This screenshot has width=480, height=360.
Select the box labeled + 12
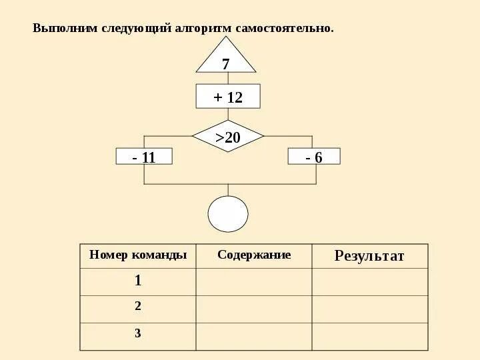pyautogui.click(x=228, y=97)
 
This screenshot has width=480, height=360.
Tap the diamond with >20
pyautogui.click(x=228, y=137)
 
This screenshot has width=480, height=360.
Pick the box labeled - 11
pyautogui.click(x=144, y=157)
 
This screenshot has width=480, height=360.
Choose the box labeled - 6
pyautogui.click(x=314, y=157)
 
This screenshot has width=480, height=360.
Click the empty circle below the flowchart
pyautogui.click(x=228, y=214)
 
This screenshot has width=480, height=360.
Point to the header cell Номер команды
pyautogui.click(x=138, y=255)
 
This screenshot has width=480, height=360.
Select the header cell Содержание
pyautogui.click(x=254, y=255)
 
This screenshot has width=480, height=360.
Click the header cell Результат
pyautogui.click(x=369, y=256)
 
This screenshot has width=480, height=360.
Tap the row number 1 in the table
pyautogui.click(x=138, y=281)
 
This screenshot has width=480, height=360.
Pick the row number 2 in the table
pyautogui.click(x=138, y=307)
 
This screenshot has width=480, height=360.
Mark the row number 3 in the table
pyautogui.click(x=138, y=333)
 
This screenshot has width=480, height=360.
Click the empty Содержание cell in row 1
pyautogui.click(x=254, y=281)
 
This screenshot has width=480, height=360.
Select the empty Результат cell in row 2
pyautogui.click(x=369, y=309)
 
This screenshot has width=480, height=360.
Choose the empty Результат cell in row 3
pyautogui.click(x=369, y=336)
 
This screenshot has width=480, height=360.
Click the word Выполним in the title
pyautogui.click(x=65, y=29)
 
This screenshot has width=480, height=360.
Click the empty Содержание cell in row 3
pyautogui.click(x=254, y=336)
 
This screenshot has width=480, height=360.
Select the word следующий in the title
pyautogui.click(x=136, y=29)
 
